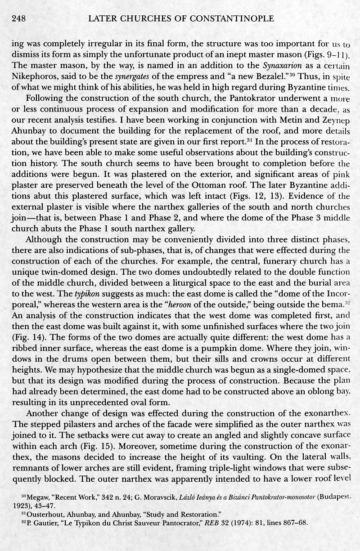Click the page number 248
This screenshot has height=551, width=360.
click(17, 18)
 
